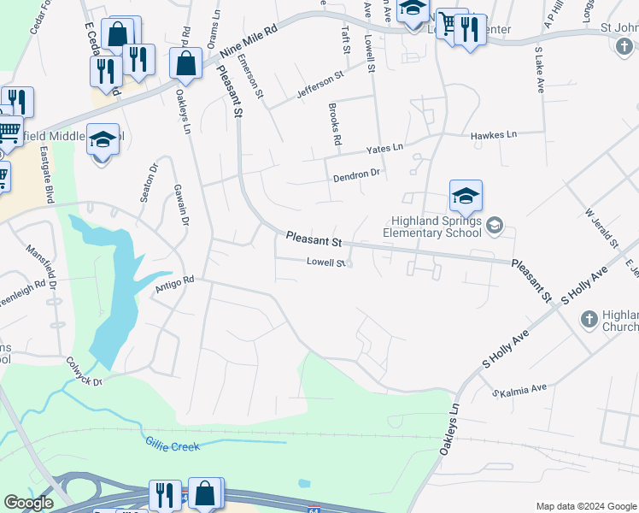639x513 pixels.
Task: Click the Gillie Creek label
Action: point(171,446)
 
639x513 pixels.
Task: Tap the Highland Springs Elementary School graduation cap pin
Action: point(466,197)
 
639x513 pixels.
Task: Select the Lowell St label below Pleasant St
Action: point(325,263)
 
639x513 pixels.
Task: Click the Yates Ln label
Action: point(384,149)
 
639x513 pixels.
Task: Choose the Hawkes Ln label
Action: point(494,135)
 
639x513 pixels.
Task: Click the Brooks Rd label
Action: point(335,124)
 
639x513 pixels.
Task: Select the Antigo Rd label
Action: point(175,284)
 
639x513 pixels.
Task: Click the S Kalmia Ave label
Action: point(519,390)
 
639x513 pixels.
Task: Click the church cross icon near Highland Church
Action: point(588,319)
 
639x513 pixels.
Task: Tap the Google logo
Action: point(28,503)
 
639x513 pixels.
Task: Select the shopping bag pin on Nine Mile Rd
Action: point(185,62)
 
